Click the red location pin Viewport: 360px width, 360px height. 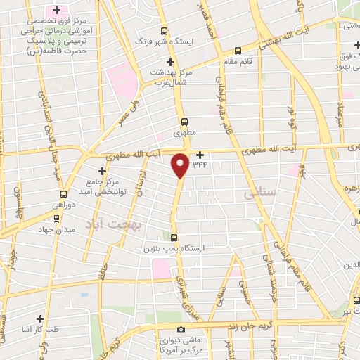(181, 165)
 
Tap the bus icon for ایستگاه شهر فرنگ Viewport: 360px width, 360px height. (164, 31)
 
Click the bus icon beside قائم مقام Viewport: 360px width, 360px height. (238, 51)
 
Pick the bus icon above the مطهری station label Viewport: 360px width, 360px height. (184, 121)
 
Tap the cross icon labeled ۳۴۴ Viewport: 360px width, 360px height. (200, 155)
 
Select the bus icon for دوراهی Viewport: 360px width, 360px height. (63, 193)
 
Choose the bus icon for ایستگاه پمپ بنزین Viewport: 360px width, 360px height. (174, 238)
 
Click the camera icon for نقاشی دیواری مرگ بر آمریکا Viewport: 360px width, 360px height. (181, 330)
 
